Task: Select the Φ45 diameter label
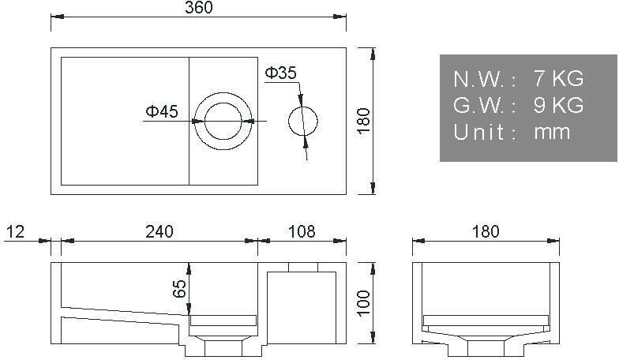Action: tap(161, 112)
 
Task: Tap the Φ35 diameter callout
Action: tap(280, 73)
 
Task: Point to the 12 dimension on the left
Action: tap(16, 231)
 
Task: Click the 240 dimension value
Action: tap(159, 231)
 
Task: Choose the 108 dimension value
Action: tap(302, 231)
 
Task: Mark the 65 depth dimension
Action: tap(179, 289)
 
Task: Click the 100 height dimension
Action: tap(363, 302)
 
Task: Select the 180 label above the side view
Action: tap(486, 231)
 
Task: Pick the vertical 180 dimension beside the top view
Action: tap(363, 121)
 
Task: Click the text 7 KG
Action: tap(558, 79)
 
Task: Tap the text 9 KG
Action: tap(558, 105)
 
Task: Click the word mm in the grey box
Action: tap(552, 132)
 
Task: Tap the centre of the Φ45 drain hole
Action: tap(224, 120)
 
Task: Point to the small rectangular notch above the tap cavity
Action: tap(302, 267)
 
